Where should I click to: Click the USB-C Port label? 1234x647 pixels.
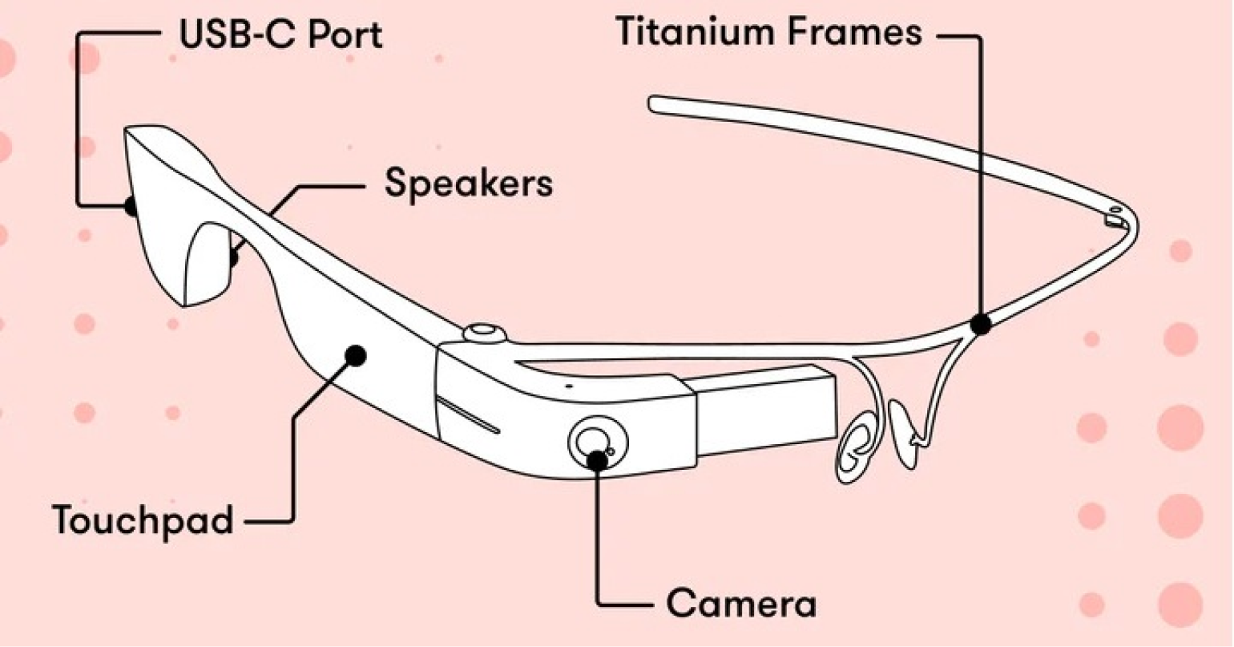click(x=280, y=36)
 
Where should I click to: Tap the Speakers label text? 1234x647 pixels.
click(x=469, y=184)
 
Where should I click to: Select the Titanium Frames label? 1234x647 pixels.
click(x=768, y=33)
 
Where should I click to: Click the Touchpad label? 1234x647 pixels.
click(x=143, y=520)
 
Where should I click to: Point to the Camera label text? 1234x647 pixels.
click(x=741, y=604)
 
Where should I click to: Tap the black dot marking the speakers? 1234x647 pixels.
click(x=234, y=258)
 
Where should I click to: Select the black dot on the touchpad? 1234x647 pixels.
click(x=356, y=354)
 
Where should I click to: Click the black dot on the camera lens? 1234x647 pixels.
click(x=597, y=459)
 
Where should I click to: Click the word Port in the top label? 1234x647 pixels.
click(x=346, y=36)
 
